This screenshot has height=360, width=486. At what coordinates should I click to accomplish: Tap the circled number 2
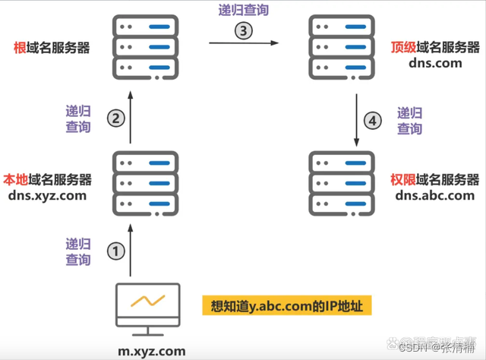coord(115,118)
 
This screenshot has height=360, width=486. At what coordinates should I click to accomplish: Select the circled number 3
coord(243,31)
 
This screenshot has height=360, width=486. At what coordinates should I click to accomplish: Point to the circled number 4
coord(373,121)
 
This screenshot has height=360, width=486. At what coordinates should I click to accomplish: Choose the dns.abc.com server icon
coord(342,183)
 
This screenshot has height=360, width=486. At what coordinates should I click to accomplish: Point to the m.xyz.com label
coord(151,351)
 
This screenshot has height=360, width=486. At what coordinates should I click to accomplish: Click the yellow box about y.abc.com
coord(287,306)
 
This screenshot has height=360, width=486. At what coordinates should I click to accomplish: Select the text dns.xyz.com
coord(47,196)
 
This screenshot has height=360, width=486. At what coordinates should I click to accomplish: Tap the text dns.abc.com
coord(435,196)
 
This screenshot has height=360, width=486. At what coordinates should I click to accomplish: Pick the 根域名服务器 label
coord(52,48)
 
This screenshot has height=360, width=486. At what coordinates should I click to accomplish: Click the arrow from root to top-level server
coord(243,44)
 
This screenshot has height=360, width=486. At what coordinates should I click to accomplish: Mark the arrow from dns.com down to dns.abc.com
coord(357,122)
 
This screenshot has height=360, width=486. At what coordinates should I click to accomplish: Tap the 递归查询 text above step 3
coord(242,11)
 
